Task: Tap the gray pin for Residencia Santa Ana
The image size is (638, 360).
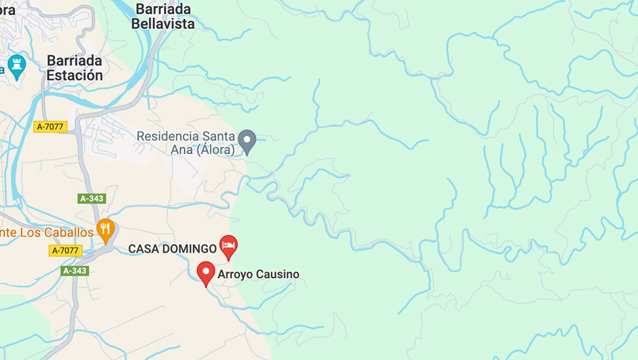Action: tap(247, 140)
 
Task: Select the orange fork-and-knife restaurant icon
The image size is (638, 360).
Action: tap(105, 229)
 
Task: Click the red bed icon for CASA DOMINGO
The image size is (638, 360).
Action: tap(228, 246)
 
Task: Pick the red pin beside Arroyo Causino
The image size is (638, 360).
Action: tap(206, 272)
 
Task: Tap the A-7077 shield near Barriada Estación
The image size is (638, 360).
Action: tap(50, 127)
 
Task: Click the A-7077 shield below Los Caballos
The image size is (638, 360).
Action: tap(65, 250)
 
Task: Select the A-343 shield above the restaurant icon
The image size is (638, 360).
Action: tap(92, 198)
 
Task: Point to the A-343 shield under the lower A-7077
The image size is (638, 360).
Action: tap(75, 270)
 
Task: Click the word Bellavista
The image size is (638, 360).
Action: tap(163, 24)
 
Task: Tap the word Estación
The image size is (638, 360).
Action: tap(75, 75)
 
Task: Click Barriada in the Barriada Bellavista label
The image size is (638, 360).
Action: tap(163, 9)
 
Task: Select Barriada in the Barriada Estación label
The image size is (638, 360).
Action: tap(75, 60)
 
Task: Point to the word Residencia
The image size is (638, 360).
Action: tap(167, 135)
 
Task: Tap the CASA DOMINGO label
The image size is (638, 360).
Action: tap(172, 249)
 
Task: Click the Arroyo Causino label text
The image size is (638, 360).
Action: tap(258, 274)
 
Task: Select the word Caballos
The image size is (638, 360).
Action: tap(68, 232)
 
